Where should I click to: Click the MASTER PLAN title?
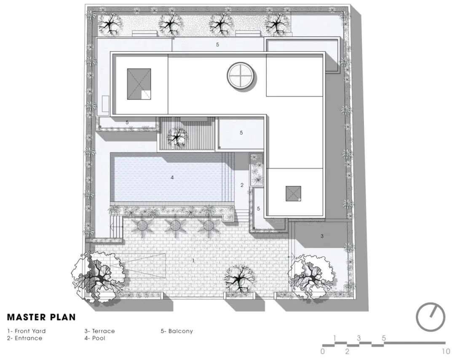click(x=41, y=317)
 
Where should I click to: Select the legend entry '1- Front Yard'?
click(x=27, y=331)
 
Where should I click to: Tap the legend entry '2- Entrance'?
click(x=25, y=338)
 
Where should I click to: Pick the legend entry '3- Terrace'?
click(x=99, y=331)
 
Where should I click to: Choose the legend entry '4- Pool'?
click(x=95, y=338)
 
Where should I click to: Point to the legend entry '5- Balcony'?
click(x=177, y=331)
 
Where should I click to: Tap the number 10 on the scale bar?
click(x=446, y=352)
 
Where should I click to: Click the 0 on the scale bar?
click(x=323, y=352)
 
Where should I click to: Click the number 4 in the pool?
click(x=172, y=177)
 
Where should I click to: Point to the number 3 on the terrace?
click(x=322, y=236)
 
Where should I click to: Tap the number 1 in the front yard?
click(x=193, y=261)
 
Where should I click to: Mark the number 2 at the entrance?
click(x=242, y=185)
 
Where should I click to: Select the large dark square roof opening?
click(x=139, y=84)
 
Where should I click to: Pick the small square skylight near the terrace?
click(x=293, y=193)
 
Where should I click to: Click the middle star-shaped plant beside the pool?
click(x=175, y=225)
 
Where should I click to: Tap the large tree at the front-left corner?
click(x=97, y=276)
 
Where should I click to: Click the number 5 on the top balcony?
click(x=217, y=45)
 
